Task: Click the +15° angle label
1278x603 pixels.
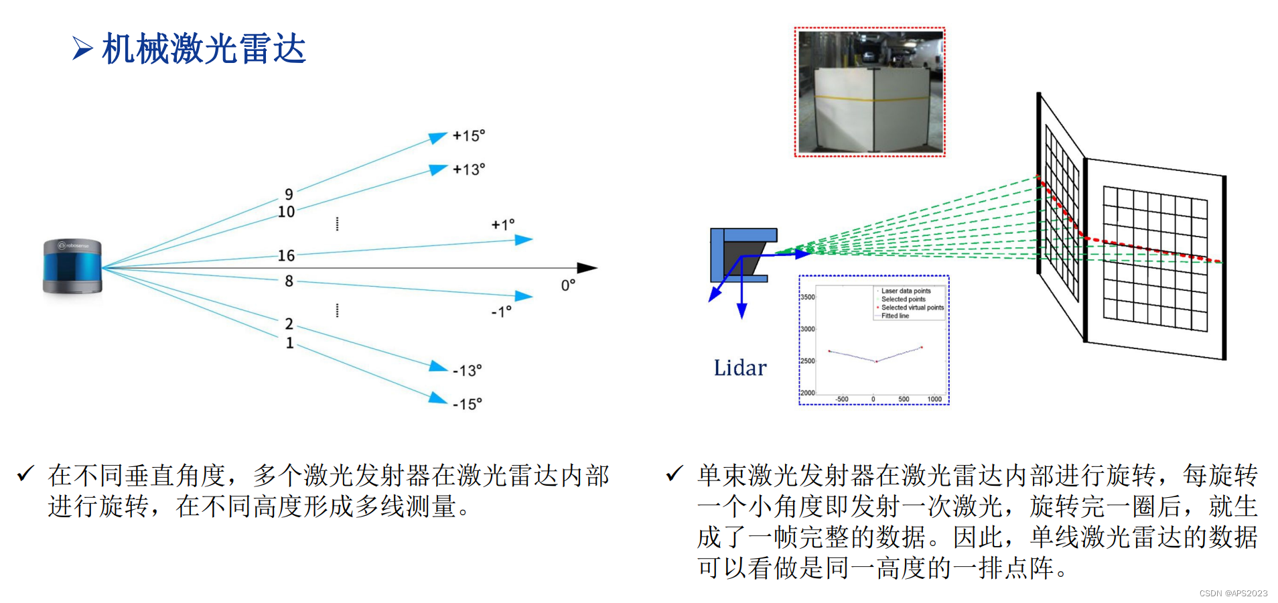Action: [x=468, y=135]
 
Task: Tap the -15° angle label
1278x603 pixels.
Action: [x=467, y=404]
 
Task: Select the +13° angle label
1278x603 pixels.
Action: [x=468, y=170]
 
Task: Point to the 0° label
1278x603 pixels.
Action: [x=568, y=285]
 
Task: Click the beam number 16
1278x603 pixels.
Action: [x=286, y=255]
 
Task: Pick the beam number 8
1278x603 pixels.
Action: [x=289, y=281]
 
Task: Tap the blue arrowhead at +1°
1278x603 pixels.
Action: [x=523, y=239]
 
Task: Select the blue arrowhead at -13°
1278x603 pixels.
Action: [x=438, y=366]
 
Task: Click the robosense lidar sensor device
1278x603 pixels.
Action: [x=72, y=267]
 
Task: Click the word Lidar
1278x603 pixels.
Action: [x=739, y=368]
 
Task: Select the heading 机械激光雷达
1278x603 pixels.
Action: [x=204, y=49]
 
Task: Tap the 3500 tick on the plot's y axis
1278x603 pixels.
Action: [x=807, y=297]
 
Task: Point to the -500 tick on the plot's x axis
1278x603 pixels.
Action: [x=841, y=399]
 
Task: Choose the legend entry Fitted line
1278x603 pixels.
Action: [x=895, y=316]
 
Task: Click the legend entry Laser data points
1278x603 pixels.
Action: [x=906, y=291]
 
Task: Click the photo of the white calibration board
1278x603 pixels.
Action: [x=870, y=92]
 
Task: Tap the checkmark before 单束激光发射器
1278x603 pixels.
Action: [x=674, y=474]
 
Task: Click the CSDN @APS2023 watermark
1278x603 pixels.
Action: [x=1233, y=593]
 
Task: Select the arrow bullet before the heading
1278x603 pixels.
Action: [x=82, y=48]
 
